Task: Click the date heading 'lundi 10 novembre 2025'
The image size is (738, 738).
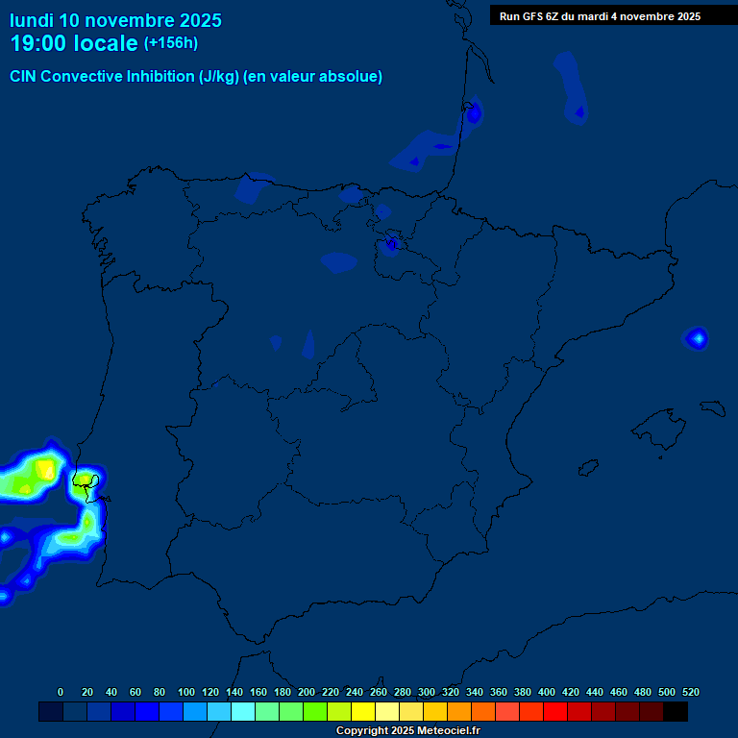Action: point(115,20)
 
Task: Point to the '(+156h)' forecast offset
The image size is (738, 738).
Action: point(170,43)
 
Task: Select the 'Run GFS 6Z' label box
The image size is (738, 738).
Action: point(600,16)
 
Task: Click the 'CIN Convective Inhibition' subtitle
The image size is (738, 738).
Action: point(196,77)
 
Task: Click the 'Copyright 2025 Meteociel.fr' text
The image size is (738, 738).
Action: point(408,731)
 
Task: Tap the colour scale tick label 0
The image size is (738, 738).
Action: point(61,692)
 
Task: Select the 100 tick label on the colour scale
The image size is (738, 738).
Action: point(185,692)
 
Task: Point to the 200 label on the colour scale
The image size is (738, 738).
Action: point(306,692)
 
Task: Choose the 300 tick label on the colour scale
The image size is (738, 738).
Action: point(426,692)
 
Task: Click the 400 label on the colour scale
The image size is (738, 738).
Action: point(547,692)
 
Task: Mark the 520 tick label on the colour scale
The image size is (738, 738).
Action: point(690,692)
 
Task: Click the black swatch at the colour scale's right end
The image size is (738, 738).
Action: point(676,712)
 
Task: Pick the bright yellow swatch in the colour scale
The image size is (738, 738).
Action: point(363,712)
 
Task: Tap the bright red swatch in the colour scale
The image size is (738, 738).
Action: point(555,712)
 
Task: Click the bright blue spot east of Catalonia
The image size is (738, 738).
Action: point(697,338)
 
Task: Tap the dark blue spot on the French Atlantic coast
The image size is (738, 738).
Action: point(473,113)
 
